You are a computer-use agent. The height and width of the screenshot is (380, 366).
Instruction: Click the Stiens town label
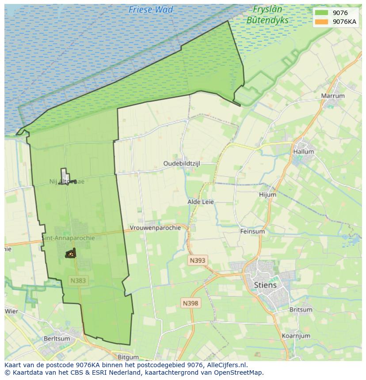pyautogui.click(x=265, y=285)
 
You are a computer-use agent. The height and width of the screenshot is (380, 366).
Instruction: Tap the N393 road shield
pyautogui.click(x=197, y=260)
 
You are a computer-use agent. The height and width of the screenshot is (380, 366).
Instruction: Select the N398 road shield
pyautogui.click(x=191, y=303)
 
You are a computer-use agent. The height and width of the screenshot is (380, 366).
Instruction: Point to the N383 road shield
pyautogui.click(x=78, y=280)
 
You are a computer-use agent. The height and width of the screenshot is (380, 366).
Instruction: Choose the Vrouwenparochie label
pyautogui.click(x=155, y=228)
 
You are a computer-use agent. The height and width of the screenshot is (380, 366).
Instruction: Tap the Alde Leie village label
pyautogui.click(x=201, y=202)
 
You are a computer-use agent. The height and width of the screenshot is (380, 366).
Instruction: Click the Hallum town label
pyautogui.click(x=303, y=151)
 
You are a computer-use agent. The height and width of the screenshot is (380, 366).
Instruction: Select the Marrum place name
pyautogui.click(x=333, y=96)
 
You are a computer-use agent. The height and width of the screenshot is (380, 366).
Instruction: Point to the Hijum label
pyautogui.click(x=267, y=195)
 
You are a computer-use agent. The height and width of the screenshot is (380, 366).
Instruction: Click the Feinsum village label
pyautogui.click(x=252, y=231)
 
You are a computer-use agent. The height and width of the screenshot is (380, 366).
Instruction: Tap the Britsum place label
pyautogui.click(x=301, y=310)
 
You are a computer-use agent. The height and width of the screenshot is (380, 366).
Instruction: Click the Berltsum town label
pyautogui.click(x=57, y=339)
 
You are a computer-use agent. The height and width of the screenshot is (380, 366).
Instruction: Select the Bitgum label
pyautogui.click(x=128, y=357)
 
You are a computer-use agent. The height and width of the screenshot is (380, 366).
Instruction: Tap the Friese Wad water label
pyautogui.click(x=151, y=9)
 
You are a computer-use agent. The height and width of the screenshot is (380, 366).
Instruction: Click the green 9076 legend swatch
pyautogui.click(x=322, y=13)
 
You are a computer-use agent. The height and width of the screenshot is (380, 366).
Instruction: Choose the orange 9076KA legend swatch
pyautogui.click(x=322, y=22)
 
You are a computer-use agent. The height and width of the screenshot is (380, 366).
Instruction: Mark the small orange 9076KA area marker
pyautogui.click(x=70, y=254)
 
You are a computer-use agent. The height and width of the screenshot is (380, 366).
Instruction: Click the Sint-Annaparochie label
pyautogui.click(x=69, y=238)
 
